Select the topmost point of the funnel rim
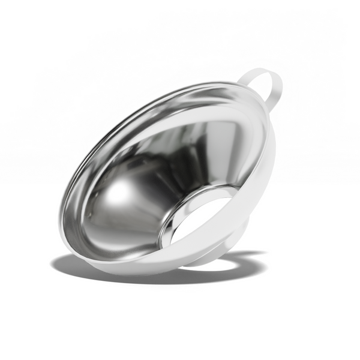pyautogui.click(x=216, y=83)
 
